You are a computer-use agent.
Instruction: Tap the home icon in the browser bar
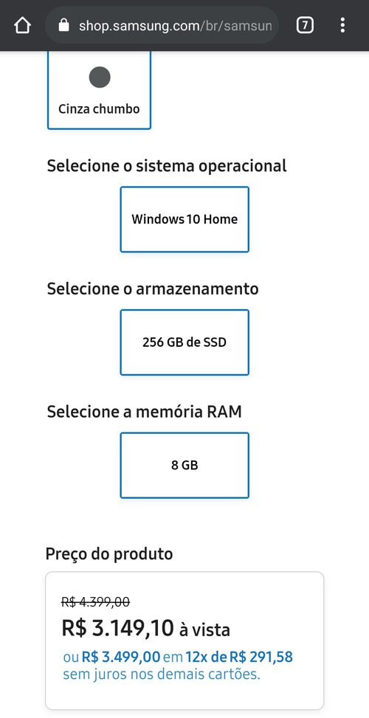[x=22, y=26]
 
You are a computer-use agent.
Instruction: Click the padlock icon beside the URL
[x=63, y=25]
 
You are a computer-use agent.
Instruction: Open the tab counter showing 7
[x=305, y=25]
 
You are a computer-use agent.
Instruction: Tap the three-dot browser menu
[x=342, y=25]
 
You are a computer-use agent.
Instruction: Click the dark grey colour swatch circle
[x=100, y=77]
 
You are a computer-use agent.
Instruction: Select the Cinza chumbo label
[x=99, y=109]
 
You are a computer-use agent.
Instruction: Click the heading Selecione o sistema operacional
[x=167, y=166]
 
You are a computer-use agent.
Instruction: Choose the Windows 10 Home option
[x=184, y=219]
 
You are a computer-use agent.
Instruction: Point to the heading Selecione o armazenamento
[x=153, y=289]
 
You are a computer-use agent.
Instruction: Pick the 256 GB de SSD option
[x=184, y=342]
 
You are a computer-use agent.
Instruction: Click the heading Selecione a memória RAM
[x=144, y=412]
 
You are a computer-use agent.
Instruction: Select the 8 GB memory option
[x=184, y=465]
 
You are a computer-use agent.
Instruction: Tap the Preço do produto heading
[x=109, y=554]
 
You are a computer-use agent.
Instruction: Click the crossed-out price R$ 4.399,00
[x=95, y=601]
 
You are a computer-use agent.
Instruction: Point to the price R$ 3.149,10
[x=117, y=628]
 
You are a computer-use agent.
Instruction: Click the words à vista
[x=204, y=630]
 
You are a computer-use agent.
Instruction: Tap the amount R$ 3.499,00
[x=121, y=657]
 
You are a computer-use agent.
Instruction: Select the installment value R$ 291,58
[x=261, y=657]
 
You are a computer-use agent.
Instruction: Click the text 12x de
[x=206, y=657]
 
